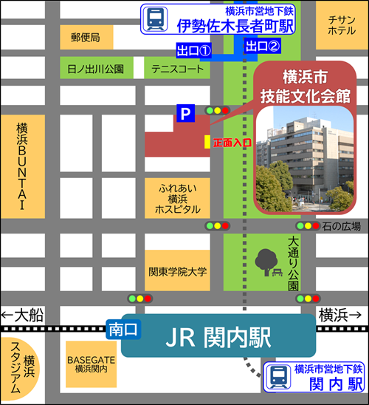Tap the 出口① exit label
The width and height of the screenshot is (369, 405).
(194, 50)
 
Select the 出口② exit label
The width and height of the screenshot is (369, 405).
(263, 47)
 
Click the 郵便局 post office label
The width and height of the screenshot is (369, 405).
(86, 36)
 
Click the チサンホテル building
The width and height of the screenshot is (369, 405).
(341, 25)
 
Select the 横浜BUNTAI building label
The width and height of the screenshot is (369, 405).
(21, 166)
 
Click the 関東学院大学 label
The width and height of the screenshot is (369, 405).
(178, 271)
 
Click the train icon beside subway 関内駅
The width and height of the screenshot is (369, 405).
(277, 376)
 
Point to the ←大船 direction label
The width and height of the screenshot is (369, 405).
(24, 315)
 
